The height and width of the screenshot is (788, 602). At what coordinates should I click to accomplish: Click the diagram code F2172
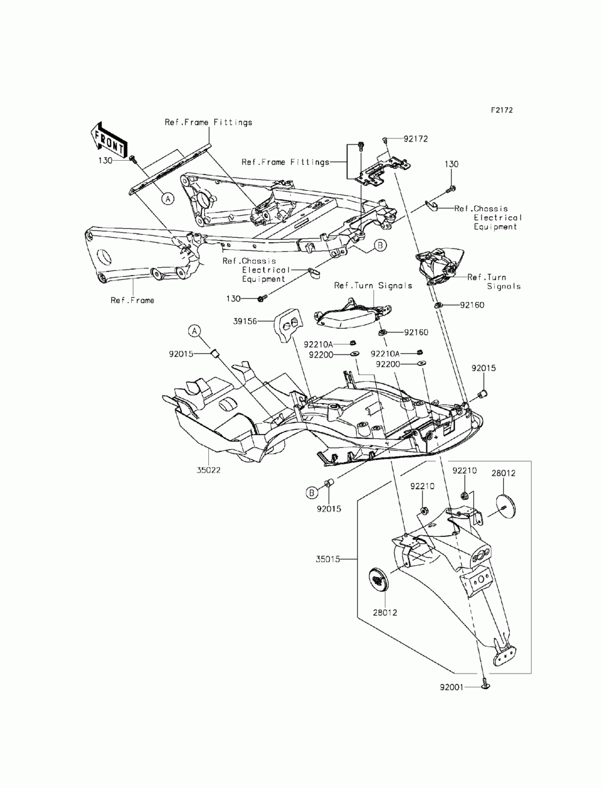pos(501,111)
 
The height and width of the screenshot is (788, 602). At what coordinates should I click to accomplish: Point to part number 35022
pos(208,470)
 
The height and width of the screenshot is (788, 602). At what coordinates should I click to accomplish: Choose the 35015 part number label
pos(328,559)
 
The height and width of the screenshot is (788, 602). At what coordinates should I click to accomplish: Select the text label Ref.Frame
pos(132,300)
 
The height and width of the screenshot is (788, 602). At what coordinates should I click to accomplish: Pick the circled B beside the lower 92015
pos(312,493)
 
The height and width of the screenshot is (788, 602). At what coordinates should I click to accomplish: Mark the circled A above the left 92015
pos(194,330)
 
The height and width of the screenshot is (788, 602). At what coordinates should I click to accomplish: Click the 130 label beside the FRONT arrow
pos(106,161)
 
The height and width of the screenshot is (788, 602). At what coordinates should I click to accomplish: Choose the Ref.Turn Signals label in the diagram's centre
pos(373,285)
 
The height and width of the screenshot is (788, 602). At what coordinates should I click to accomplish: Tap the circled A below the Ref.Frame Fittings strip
pos(167,197)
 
